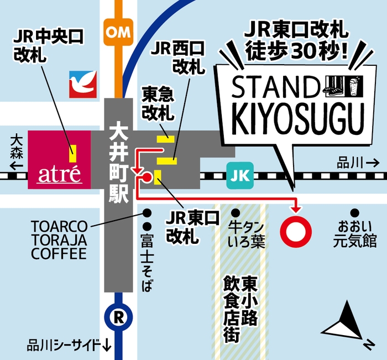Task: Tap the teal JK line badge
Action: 239,176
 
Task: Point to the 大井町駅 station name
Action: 117,166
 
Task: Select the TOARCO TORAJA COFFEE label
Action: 59,240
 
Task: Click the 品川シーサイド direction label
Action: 69,346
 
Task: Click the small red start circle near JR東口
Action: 147,177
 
